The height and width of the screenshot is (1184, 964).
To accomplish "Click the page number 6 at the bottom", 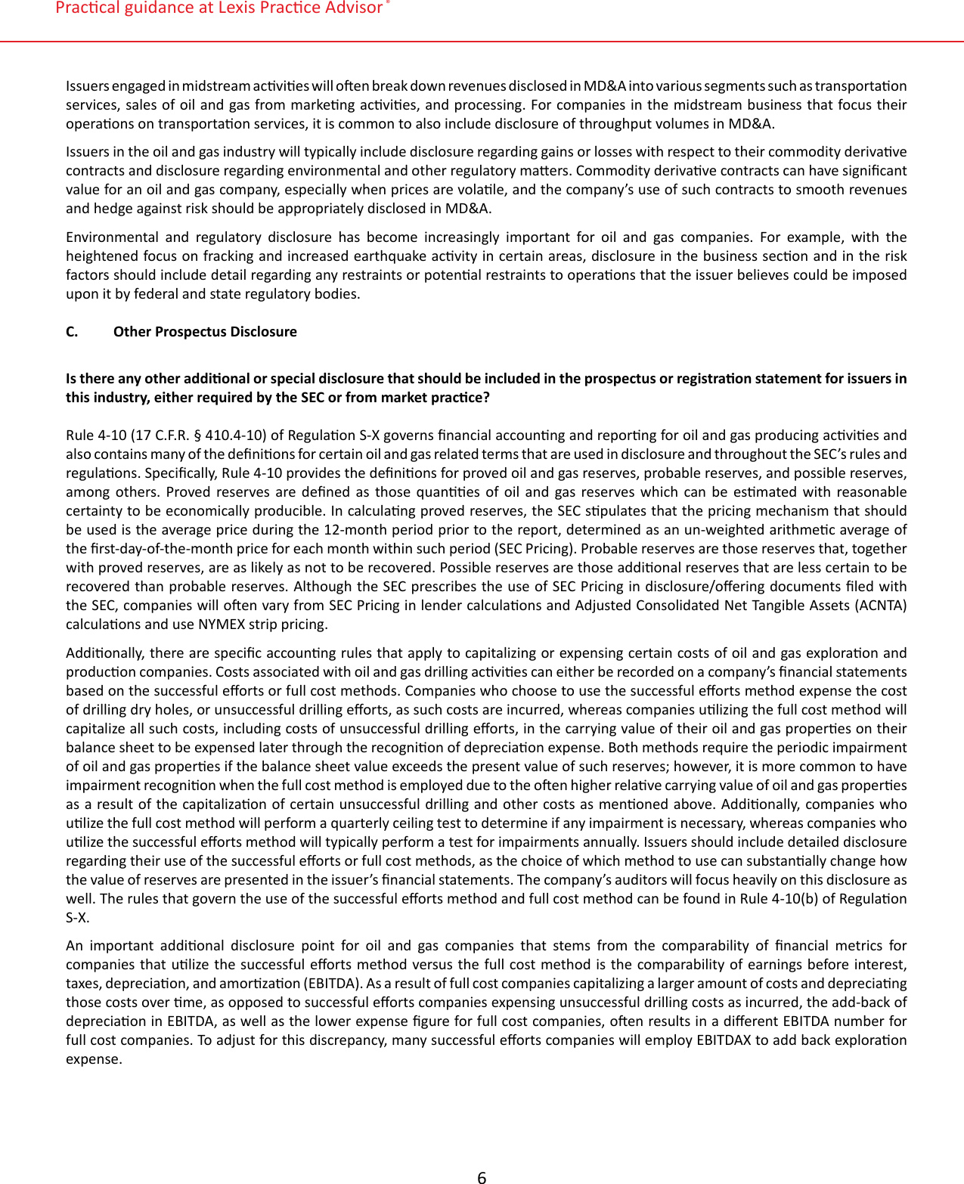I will point(482,1176).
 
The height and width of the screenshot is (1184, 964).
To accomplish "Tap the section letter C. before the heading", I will point(72,332).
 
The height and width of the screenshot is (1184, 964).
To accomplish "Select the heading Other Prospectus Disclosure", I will point(205,332).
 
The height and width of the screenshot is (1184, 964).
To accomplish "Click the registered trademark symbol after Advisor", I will point(388,3).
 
